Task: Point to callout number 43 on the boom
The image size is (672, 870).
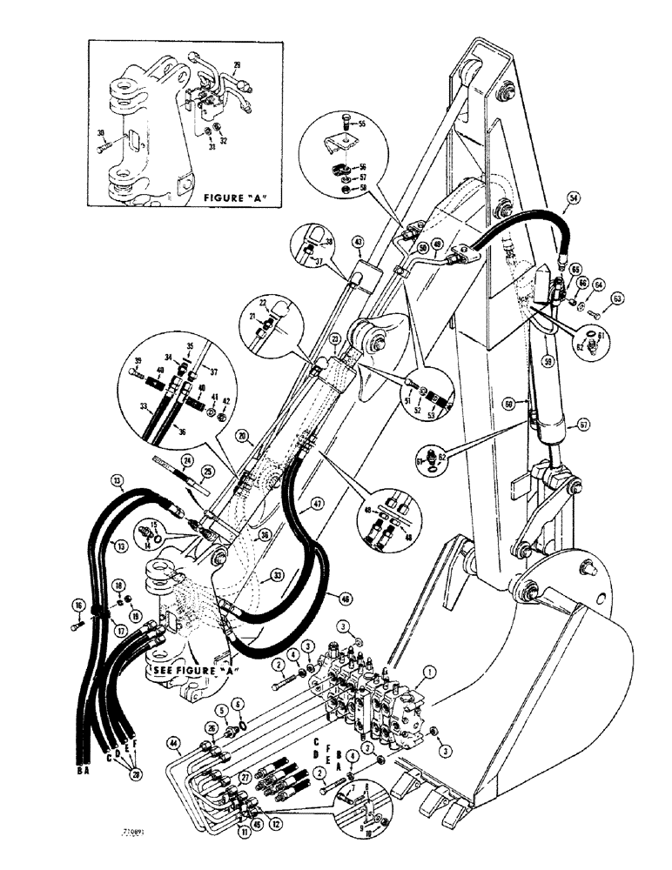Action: pos(356,241)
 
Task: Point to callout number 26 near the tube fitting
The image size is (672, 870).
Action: pos(210,727)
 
